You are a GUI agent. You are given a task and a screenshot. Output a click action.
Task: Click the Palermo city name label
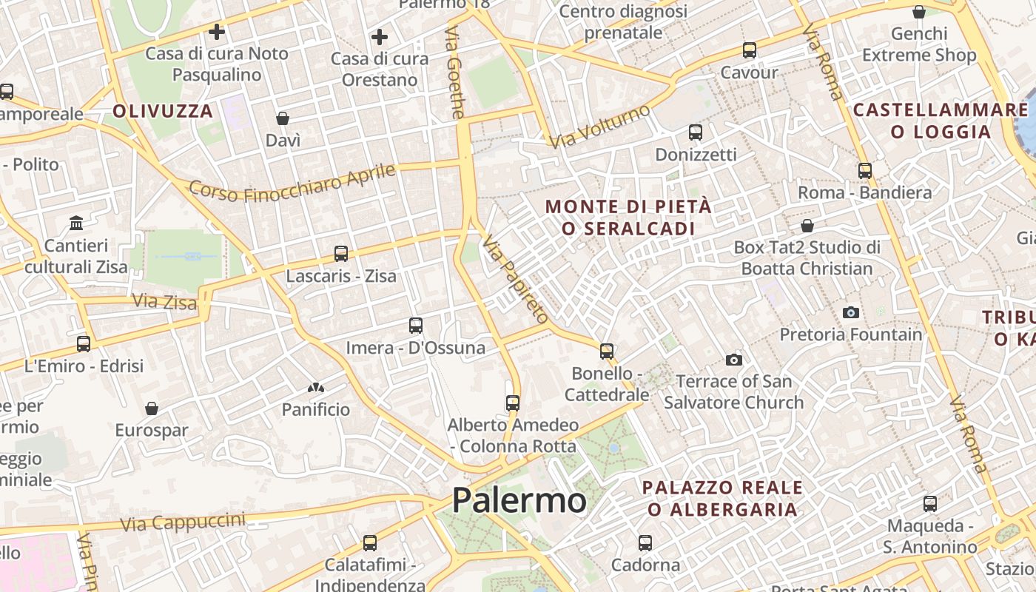pyautogui.click(x=519, y=501)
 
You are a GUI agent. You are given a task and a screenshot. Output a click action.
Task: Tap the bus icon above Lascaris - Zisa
pyautogui.click(x=340, y=254)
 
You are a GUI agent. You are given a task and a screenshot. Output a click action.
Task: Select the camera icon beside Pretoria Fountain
pyautogui.click(x=851, y=312)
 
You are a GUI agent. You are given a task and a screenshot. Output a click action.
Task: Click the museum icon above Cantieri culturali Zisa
pyautogui.click(x=76, y=223)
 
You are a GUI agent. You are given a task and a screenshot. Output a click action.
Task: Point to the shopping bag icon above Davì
pyautogui.click(x=283, y=118)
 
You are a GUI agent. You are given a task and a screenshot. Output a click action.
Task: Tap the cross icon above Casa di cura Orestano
pyautogui.click(x=380, y=37)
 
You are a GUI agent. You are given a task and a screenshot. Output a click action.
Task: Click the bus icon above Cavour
pyautogui.click(x=750, y=50)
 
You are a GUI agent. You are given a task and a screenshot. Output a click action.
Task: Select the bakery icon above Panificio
pyautogui.click(x=316, y=388)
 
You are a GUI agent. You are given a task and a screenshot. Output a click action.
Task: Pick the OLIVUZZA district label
pyautogui.click(x=163, y=112)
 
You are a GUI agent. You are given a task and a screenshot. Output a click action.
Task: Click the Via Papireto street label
pyautogui.click(x=516, y=280)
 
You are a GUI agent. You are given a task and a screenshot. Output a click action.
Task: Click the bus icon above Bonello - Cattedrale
pyautogui.click(x=607, y=351)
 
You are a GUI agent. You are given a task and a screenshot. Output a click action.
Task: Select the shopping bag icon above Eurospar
pyautogui.click(x=152, y=408)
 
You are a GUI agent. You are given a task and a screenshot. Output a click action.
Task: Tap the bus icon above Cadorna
pyautogui.click(x=645, y=543)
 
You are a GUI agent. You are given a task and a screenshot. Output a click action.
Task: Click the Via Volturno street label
pyautogui.click(x=600, y=126)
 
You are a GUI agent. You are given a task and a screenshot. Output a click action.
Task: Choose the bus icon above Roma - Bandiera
pyautogui.click(x=865, y=171)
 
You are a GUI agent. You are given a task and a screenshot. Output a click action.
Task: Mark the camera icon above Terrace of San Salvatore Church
pyautogui.click(x=734, y=360)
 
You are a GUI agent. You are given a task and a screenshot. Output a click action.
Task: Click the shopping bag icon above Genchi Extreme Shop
pyautogui.click(x=919, y=12)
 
